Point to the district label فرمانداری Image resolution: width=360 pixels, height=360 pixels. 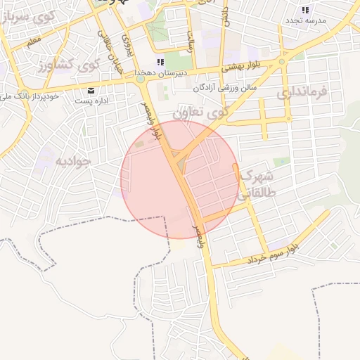pos(302,92)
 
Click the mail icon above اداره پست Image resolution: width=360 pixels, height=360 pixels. pos(91,91)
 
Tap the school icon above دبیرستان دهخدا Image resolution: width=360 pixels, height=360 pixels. pos(161,62)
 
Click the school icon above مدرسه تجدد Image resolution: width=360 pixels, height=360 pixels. pos(305,10)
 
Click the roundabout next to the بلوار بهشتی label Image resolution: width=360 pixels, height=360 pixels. pos(282,61)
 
